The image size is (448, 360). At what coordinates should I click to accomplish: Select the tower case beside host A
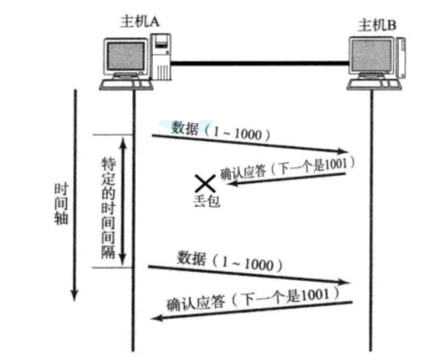pyautogui.click(x=161, y=58)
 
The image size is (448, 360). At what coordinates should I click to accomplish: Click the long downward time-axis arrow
pyautogui.click(x=75, y=194)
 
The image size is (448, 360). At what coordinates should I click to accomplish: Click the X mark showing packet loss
pyautogui.click(x=204, y=183)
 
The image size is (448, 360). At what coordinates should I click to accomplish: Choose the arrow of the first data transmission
pyautogui.click(x=249, y=144)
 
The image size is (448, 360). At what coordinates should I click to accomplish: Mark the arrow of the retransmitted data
pyautogui.click(x=249, y=274)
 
